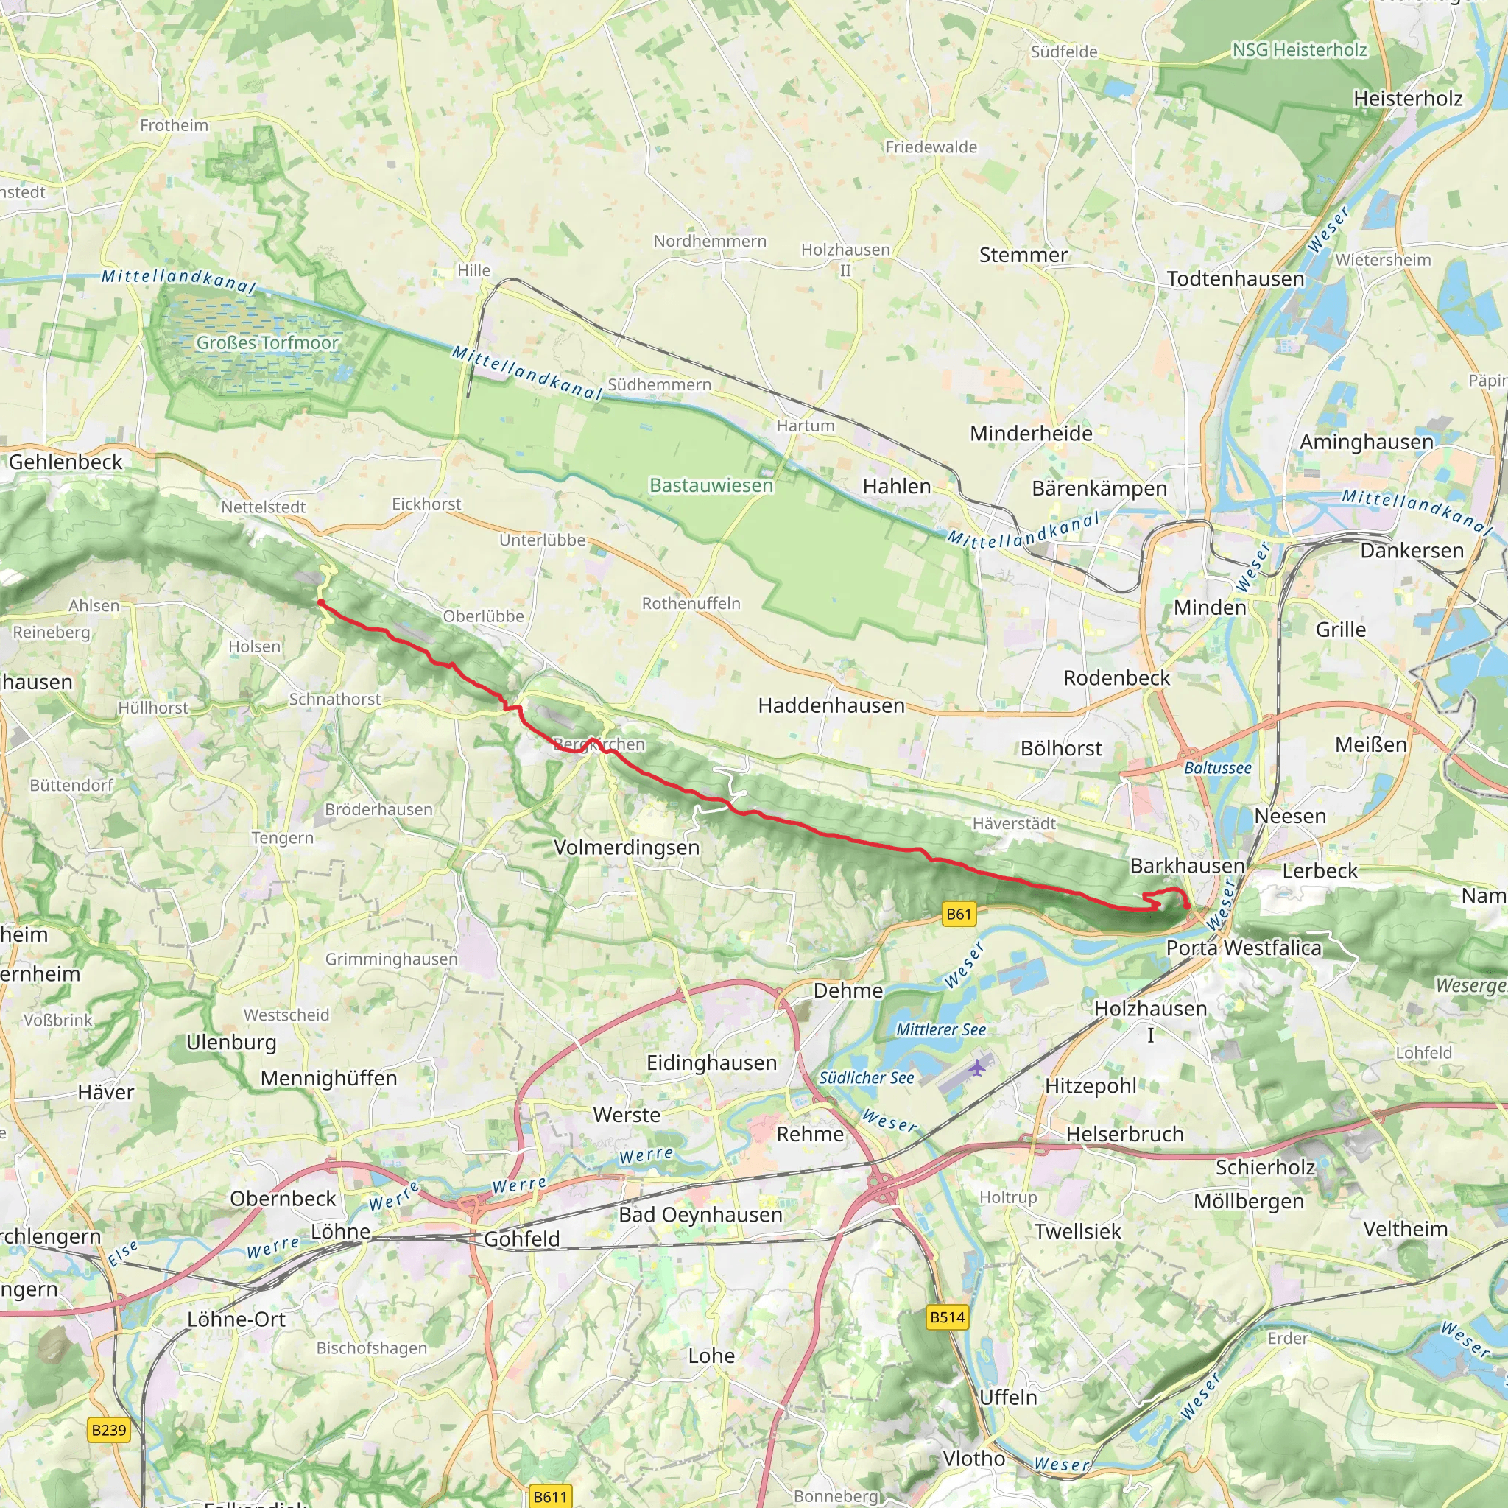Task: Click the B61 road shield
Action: click(959, 914)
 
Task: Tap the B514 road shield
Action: click(948, 1317)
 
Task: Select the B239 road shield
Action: click(108, 1429)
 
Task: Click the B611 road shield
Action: click(549, 1495)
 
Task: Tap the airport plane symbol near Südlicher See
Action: click(977, 1067)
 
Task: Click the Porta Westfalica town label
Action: click(1244, 948)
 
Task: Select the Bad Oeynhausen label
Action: click(700, 1213)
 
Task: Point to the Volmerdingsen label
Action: click(626, 847)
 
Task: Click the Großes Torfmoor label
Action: click(267, 342)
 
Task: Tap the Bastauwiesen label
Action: click(711, 485)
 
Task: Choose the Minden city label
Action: click(1210, 607)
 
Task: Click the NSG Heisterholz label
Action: click(1299, 50)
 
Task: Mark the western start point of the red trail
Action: click(320, 602)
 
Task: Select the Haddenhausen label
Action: click(831, 705)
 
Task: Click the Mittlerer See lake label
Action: click(940, 1029)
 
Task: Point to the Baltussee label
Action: click(1217, 767)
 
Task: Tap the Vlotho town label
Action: click(973, 1457)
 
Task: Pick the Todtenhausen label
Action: click(1235, 278)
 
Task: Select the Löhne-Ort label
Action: click(236, 1319)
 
